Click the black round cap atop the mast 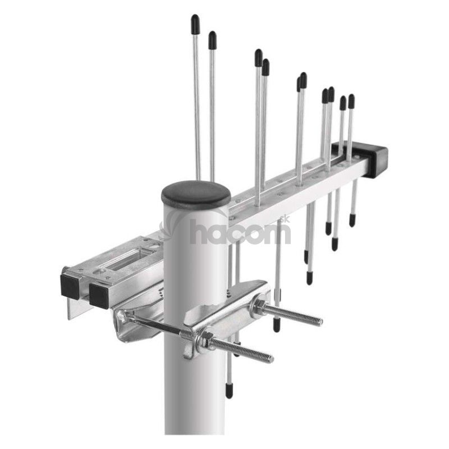click(196, 195)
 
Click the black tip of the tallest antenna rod click(195, 24)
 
